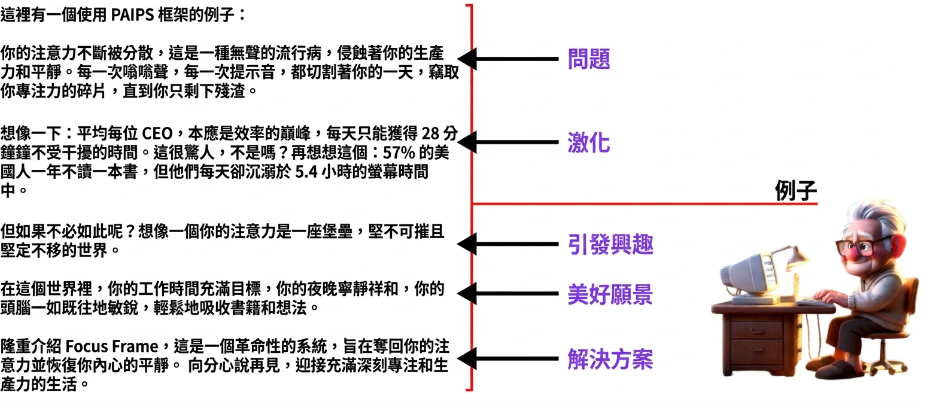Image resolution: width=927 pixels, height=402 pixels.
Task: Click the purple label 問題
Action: (588, 59)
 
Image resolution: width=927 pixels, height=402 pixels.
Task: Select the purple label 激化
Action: (588, 143)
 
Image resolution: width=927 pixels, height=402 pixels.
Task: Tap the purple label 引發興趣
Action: (610, 244)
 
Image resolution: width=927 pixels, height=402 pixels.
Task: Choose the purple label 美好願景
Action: (610, 294)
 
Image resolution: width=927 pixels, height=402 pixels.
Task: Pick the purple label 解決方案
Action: (610, 358)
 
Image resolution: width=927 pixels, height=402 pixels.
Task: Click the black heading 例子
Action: (795, 191)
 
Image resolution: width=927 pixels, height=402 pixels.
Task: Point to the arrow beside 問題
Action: (507, 59)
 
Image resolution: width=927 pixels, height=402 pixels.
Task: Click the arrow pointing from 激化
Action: (507, 142)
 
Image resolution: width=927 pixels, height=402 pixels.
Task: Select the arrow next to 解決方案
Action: (507, 358)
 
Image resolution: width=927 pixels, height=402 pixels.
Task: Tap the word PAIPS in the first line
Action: (132, 16)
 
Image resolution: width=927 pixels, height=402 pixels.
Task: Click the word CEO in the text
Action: (157, 133)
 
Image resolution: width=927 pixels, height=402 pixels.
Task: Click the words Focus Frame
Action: (112, 346)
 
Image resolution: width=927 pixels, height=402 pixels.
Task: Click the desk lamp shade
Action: (797, 255)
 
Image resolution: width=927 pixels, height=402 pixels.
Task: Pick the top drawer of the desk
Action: (756, 330)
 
